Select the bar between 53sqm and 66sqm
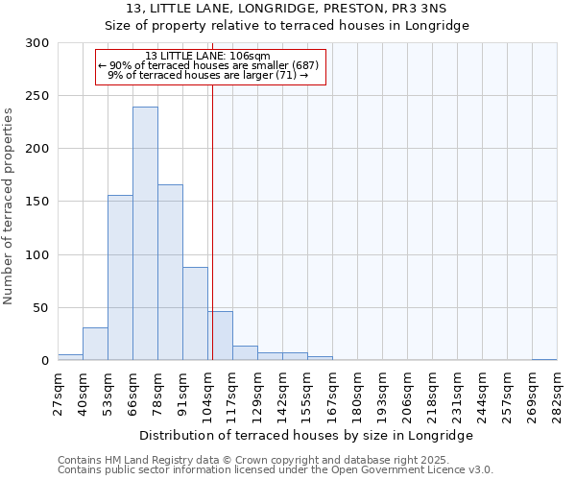[x=120, y=277]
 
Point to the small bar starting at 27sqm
[x=70, y=357]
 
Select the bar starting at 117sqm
[x=245, y=353]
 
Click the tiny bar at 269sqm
[x=544, y=359]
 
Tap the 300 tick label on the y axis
[x=37, y=43]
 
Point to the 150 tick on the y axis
[x=37, y=202]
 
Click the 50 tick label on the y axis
[x=41, y=308]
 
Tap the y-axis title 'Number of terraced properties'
[x=9, y=206]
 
